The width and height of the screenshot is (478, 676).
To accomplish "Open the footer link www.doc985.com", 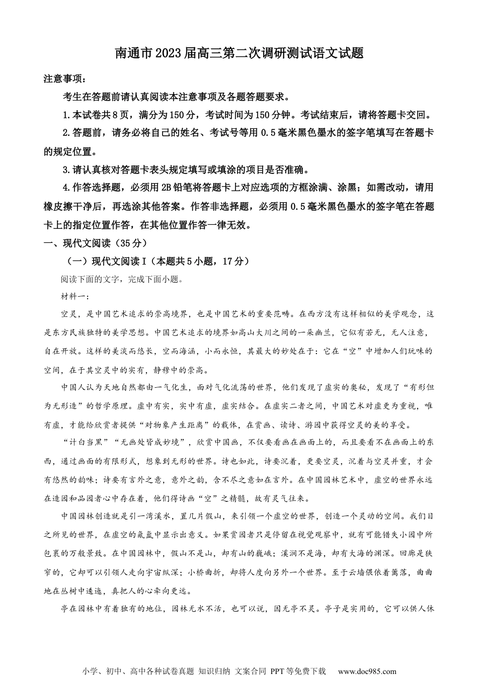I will pyautogui.click(x=367, y=671).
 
